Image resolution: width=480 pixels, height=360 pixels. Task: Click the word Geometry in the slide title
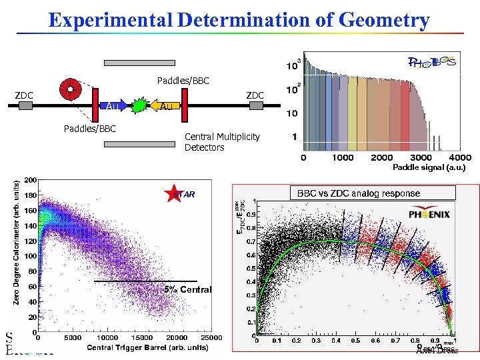click(384, 20)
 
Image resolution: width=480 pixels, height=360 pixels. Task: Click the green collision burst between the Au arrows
click(138, 106)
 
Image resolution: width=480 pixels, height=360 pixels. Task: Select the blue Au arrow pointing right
click(116, 106)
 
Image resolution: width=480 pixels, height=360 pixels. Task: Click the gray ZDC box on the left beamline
click(25, 106)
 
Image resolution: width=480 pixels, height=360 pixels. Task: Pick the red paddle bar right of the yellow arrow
click(185, 106)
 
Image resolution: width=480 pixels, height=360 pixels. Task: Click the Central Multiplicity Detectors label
click(222, 142)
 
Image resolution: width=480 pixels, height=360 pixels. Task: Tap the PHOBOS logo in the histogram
click(431, 63)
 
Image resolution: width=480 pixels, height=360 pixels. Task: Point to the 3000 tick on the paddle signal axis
click(421, 158)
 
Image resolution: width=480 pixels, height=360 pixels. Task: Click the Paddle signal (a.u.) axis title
click(429, 167)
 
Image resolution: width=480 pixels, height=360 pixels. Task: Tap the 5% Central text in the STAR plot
click(188, 289)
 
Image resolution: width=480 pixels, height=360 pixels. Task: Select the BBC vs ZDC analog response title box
click(359, 193)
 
